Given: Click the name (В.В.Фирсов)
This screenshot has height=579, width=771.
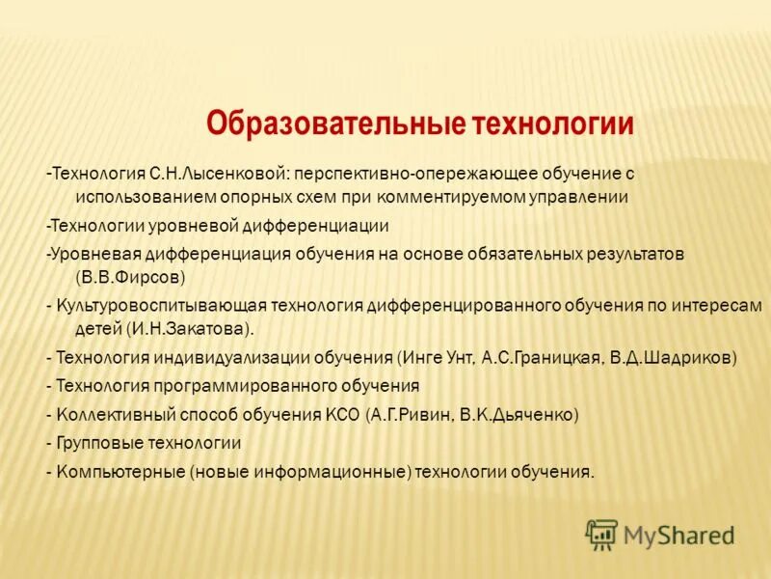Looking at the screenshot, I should tap(123, 276).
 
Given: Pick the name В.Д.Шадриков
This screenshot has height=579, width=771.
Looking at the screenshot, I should tap(671, 357).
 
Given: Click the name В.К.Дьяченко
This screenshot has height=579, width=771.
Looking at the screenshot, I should tap(518, 415).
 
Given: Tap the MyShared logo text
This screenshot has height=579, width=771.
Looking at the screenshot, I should tap(678, 535).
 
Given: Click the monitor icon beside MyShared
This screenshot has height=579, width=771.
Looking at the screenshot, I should tap(601, 534).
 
